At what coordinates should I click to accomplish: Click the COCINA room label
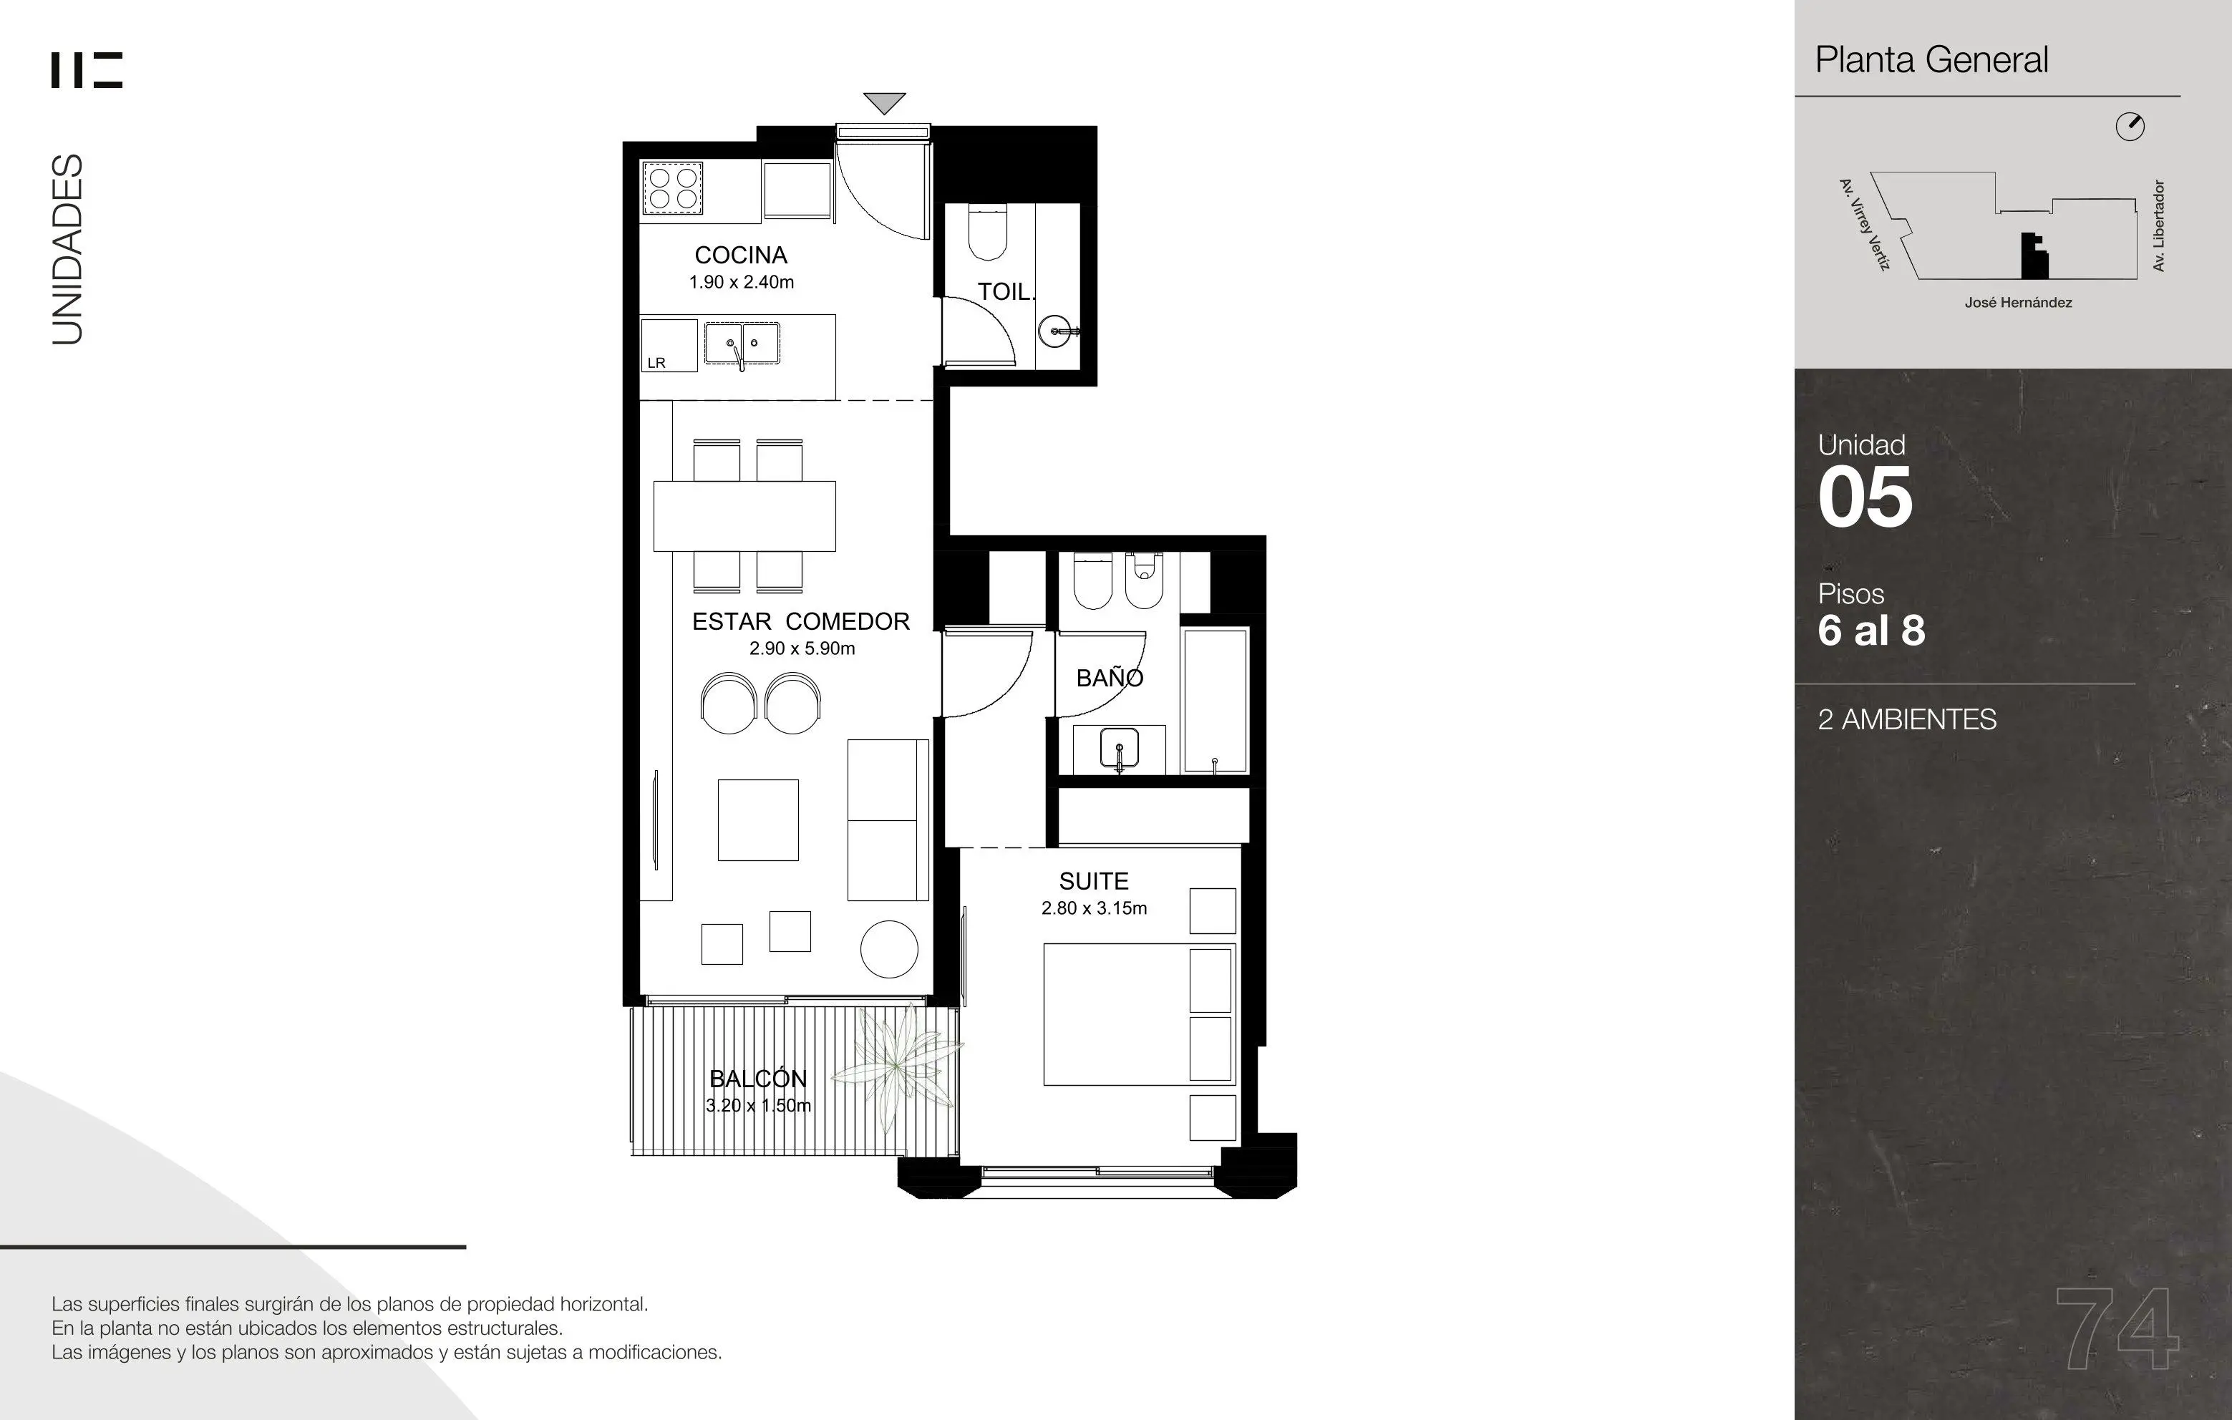(x=741, y=255)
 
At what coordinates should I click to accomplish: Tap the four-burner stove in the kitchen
(x=673, y=188)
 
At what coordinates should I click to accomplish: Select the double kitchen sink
(x=742, y=343)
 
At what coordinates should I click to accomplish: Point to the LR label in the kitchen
(x=656, y=362)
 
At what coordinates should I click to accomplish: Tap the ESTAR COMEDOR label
(x=801, y=621)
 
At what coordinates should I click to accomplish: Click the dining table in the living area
(x=744, y=516)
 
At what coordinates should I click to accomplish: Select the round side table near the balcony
(x=889, y=949)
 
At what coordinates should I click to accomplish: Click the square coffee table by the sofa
(x=758, y=820)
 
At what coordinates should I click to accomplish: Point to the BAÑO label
(x=1110, y=678)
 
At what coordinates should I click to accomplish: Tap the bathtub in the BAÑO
(x=1216, y=701)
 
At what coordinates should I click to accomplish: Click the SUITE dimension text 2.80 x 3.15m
(x=1094, y=908)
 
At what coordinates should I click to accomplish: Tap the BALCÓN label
(x=758, y=1078)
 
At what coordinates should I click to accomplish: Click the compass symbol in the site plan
(x=2130, y=127)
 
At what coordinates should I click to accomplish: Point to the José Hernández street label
(x=2018, y=302)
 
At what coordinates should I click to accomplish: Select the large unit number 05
(x=1865, y=497)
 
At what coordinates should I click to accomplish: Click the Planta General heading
(x=1931, y=60)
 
